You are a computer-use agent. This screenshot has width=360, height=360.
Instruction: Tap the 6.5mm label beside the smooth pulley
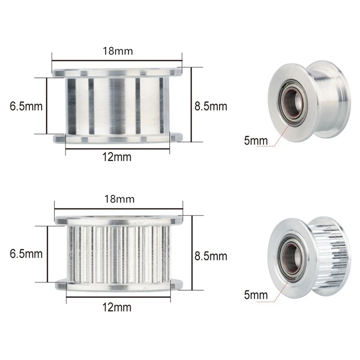click(26, 106)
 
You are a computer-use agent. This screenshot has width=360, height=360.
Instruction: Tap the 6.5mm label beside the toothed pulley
click(26, 253)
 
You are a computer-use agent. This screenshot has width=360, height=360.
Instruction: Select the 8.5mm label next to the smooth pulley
click(211, 106)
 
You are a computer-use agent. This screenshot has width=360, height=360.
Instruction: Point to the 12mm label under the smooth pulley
click(117, 157)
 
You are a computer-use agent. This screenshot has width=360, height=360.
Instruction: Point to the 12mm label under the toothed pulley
click(117, 307)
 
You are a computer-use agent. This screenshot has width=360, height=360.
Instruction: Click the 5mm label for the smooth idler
click(256, 140)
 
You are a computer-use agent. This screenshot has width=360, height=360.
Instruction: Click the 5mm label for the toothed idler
click(256, 295)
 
